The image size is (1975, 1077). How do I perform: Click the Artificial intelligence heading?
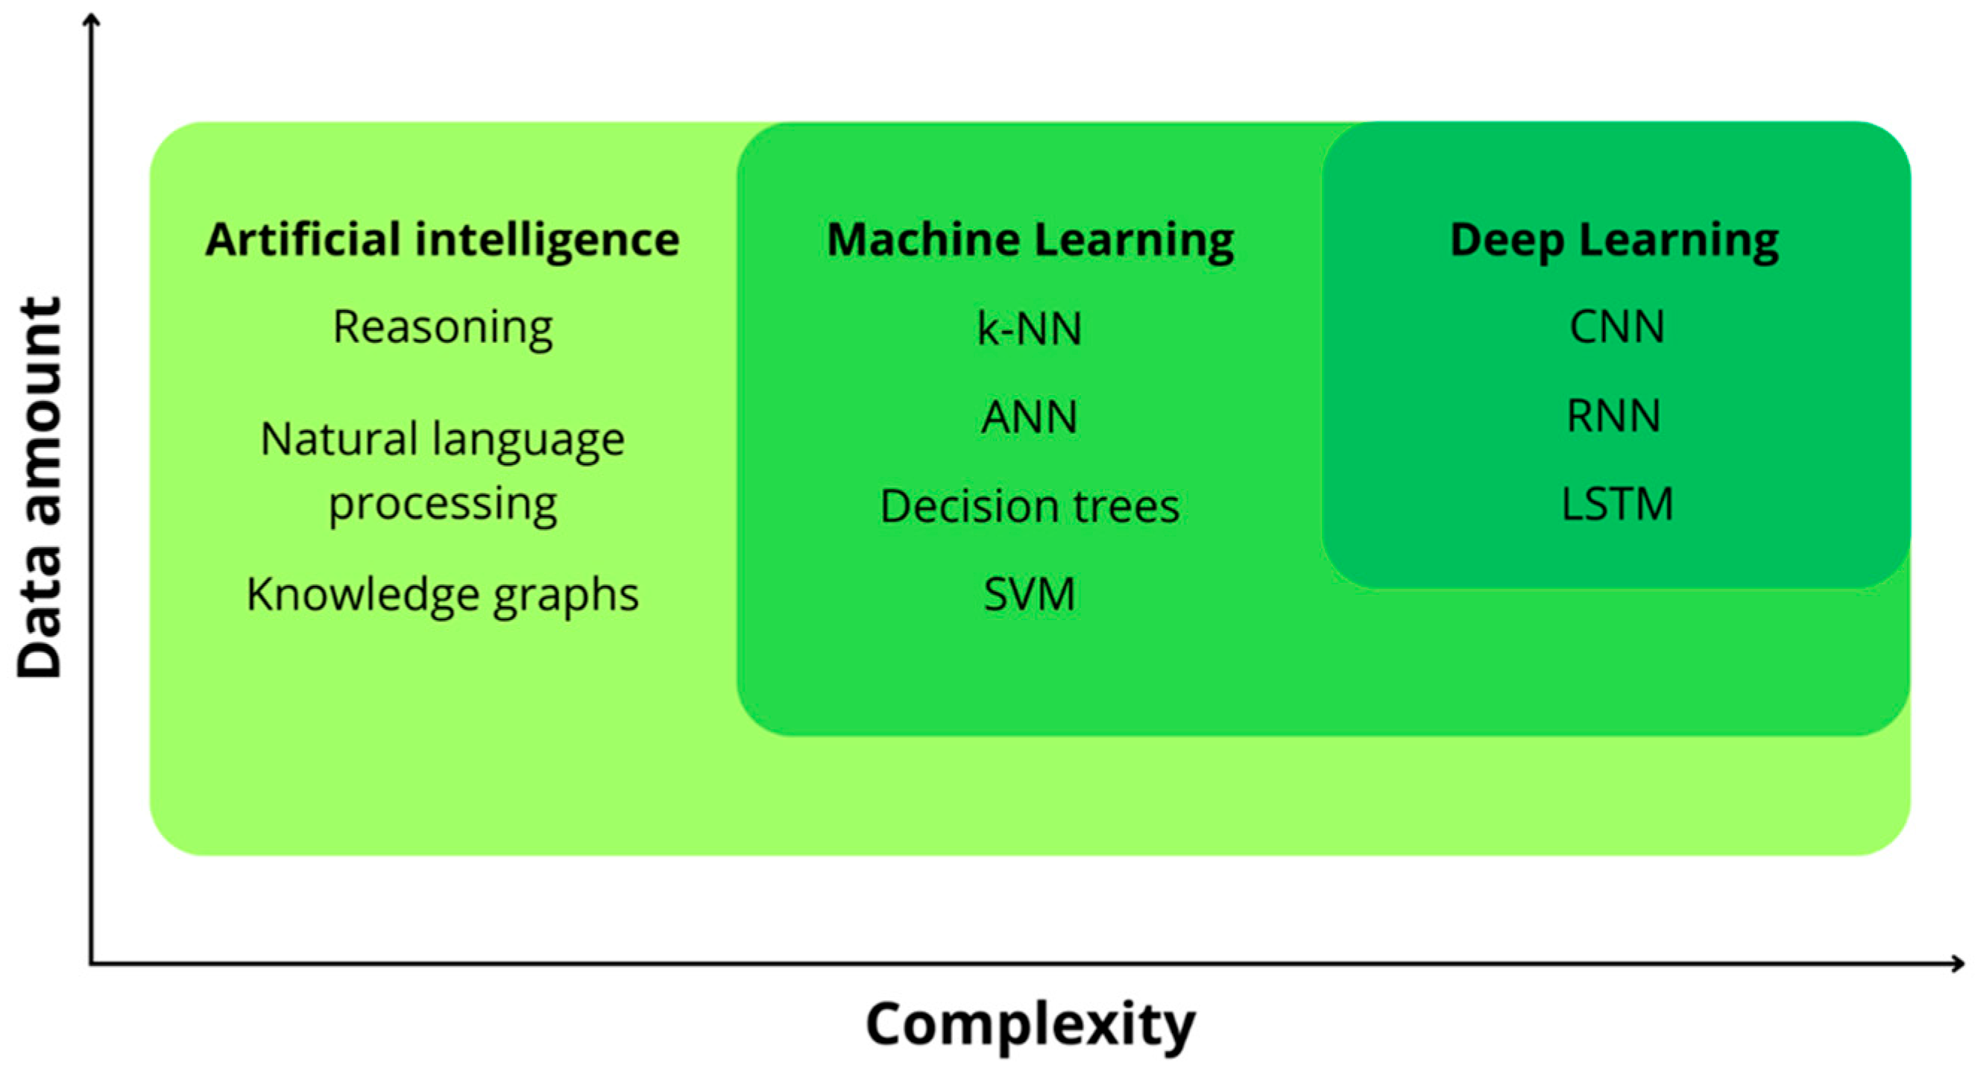[442, 240]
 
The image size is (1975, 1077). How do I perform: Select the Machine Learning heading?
[1030, 240]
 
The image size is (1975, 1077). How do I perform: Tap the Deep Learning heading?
[1614, 240]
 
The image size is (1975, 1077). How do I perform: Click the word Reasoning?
[442, 328]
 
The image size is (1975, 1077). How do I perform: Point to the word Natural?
[338, 439]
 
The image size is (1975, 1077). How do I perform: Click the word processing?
[442, 505]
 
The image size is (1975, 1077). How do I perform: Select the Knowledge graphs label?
[442, 595]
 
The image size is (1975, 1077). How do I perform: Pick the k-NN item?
[1030, 329]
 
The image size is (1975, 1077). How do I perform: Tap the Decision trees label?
[1030, 507]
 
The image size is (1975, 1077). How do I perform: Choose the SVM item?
[1030, 594]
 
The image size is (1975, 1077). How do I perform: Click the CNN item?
[1616, 327]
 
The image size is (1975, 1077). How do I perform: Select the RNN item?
[1613, 416]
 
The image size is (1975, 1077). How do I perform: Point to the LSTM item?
[1617, 505]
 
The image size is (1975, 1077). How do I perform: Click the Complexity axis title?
[1030, 1025]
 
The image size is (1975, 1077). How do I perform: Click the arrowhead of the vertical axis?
[91, 19]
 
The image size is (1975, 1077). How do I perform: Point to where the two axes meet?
[91, 963]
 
